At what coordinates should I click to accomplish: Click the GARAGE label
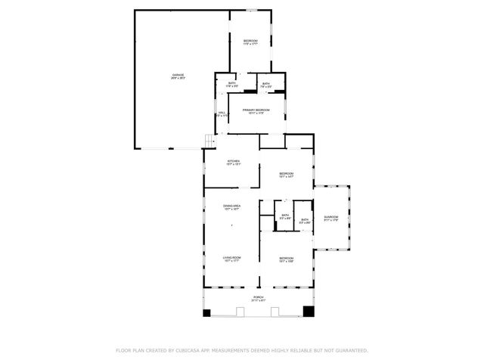[178, 74]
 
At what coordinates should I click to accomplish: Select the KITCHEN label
[234, 161]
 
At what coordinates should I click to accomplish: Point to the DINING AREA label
[232, 206]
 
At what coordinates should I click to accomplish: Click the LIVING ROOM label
[231, 259]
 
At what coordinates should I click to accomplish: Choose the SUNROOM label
[331, 218]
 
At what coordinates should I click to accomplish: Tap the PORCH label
[259, 297]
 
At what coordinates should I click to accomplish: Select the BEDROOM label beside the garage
[250, 40]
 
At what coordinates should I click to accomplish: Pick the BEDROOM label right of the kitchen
[286, 173]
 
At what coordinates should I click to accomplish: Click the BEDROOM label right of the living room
[286, 259]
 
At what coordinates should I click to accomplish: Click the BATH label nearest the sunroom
[304, 219]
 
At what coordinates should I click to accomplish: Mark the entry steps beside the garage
[209, 141]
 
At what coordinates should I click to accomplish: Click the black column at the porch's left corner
[206, 312]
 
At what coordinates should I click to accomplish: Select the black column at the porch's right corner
[309, 311]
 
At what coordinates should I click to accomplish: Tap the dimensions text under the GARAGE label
[178, 78]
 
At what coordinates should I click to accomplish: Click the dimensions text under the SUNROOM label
[331, 222]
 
